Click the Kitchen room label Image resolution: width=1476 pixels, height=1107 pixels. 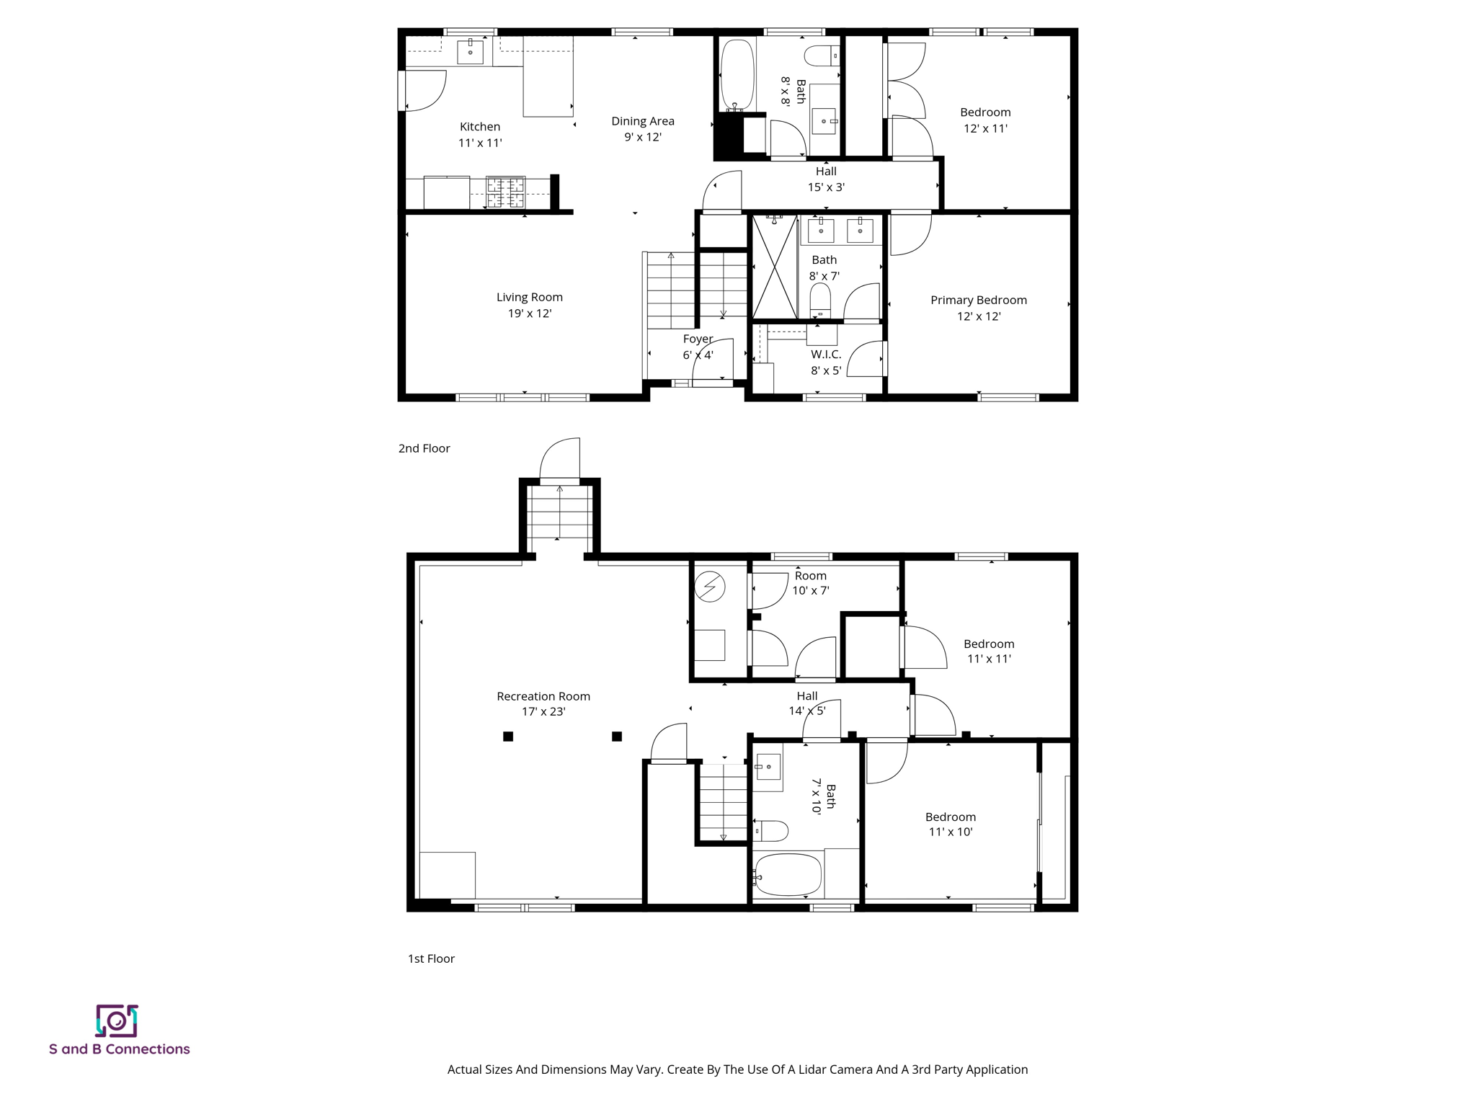click(480, 135)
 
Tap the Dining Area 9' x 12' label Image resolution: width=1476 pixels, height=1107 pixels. click(643, 129)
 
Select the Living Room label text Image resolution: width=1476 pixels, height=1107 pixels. click(529, 305)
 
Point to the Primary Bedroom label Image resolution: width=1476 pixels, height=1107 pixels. click(978, 308)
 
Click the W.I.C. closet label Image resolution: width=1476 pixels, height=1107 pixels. click(826, 363)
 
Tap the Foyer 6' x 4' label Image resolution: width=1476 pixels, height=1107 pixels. click(698, 347)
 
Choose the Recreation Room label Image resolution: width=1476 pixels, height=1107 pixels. click(543, 703)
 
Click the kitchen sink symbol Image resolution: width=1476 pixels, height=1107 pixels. click(470, 52)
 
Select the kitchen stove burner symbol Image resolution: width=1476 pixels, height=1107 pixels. click(505, 192)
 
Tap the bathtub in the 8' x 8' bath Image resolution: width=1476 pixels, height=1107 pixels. click(737, 74)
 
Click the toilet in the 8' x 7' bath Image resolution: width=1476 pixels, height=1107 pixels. click(820, 299)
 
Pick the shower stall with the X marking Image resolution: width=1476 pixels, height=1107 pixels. click(775, 267)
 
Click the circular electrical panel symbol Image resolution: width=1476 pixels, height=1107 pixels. click(710, 587)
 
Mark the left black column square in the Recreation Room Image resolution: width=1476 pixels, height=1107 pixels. click(508, 737)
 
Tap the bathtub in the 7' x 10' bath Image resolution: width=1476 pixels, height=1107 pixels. click(788, 875)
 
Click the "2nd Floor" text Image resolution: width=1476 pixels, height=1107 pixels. click(424, 448)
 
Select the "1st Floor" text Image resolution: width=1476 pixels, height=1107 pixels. click(431, 959)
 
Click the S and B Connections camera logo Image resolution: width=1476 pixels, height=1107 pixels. click(117, 1021)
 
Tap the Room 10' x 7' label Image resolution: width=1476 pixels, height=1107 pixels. click(811, 583)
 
